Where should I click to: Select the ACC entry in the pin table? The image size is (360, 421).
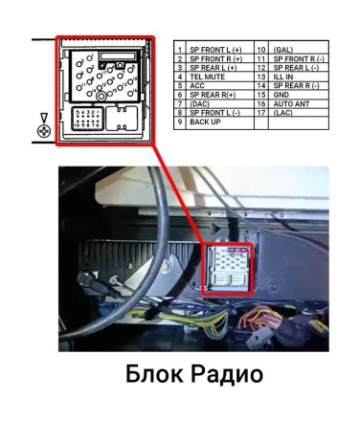pyautogui.click(x=197, y=86)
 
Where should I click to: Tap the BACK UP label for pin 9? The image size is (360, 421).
pyautogui.click(x=205, y=122)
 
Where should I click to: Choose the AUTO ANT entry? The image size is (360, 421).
pyautogui.click(x=289, y=104)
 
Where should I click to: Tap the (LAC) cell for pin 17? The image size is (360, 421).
pyautogui.click(x=282, y=113)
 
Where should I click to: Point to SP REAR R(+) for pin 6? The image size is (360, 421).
pyautogui.click(x=213, y=95)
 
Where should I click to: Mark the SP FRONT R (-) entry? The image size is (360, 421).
pyautogui.click(x=297, y=58)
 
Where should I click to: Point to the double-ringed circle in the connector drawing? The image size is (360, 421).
pyautogui.click(x=101, y=97)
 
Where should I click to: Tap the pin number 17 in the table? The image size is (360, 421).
pyautogui.click(x=260, y=113)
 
